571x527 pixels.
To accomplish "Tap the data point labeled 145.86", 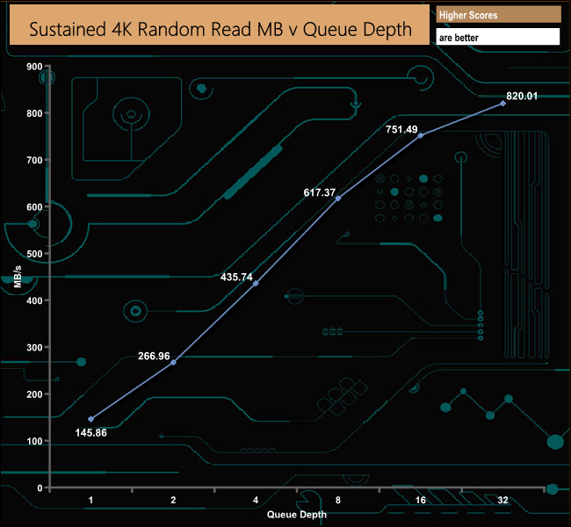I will [x=91, y=419].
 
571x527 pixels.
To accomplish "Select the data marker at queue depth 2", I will [x=173, y=362].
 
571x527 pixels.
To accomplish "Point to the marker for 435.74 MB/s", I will [x=256, y=284].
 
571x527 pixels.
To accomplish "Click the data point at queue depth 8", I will [x=338, y=199].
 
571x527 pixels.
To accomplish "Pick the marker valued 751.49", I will [x=421, y=135].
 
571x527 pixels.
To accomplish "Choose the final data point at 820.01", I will [x=502, y=104].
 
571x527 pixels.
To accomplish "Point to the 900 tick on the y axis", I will [x=34, y=67].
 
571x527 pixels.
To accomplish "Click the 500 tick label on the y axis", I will [x=34, y=254].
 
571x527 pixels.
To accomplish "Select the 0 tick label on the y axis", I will [x=40, y=487].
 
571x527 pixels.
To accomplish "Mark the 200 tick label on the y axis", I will [x=34, y=394].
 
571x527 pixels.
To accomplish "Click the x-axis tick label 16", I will [x=421, y=500].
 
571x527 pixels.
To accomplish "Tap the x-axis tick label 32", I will [x=502, y=500].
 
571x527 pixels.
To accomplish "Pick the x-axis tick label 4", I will [x=256, y=500].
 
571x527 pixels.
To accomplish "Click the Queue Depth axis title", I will [x=297, y=514].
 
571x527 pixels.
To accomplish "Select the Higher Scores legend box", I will [x=498, y=15].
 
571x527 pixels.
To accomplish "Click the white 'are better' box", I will [x=498, y=38].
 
